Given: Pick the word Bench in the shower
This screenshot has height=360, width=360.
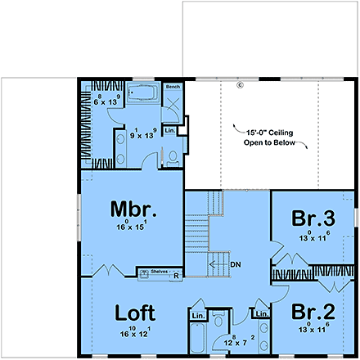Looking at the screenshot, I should pyautogui.click(x=173, y=87).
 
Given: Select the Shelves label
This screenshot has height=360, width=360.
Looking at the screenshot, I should pyautogui.click(x=159, y=269).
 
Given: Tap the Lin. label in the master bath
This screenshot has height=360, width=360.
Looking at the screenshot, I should pyautogui.click(x=171, y=131).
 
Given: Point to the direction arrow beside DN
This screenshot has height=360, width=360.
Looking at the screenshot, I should pyautogui.click(x=216, y=264).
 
